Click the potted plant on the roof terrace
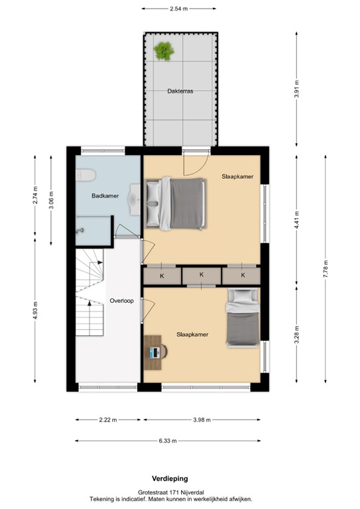(163, 50)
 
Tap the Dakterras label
(180, 92)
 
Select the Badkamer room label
(104, 196)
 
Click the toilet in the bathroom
(86, 174)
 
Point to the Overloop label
(121, 300)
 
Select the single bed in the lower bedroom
(242, 318)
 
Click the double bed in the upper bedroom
(174, 203)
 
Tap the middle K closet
(201, 274)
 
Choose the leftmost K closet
(161, 274)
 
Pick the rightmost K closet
(242, 274)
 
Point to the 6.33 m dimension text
(168, 441)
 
